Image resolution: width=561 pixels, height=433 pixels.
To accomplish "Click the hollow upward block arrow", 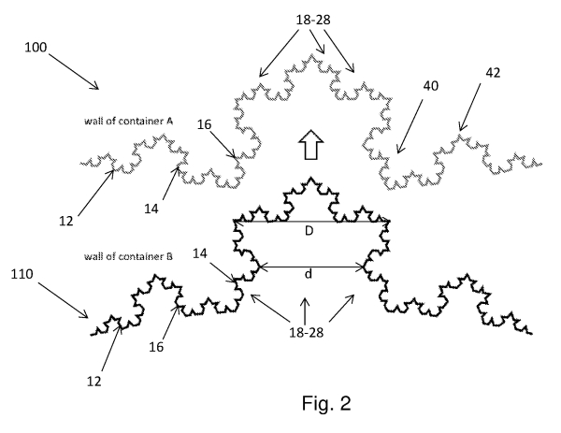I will click(308, 145).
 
